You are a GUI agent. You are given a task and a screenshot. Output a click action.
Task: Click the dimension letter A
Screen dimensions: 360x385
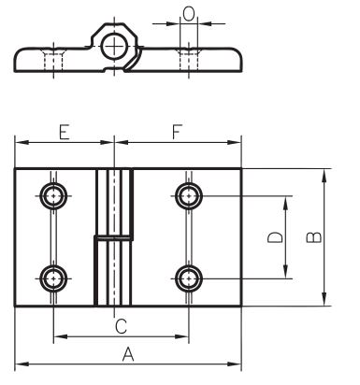point(128,354)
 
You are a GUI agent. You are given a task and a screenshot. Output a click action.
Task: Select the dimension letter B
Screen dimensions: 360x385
point(314,237)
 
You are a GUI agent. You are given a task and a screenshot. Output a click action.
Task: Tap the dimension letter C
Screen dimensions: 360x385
point(121,326)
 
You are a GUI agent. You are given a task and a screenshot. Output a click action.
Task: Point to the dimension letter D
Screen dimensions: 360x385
point(276,237)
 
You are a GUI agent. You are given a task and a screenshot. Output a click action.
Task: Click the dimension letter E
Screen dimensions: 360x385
point(64,132)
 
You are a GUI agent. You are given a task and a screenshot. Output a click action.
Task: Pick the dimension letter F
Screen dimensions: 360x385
point(177,132)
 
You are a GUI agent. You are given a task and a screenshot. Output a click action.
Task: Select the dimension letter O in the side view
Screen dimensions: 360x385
point(189,14)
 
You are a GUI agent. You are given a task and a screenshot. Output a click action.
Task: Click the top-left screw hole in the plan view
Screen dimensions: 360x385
point(53,196)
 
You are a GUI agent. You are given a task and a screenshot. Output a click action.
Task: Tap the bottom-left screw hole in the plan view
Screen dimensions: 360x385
point(53,278)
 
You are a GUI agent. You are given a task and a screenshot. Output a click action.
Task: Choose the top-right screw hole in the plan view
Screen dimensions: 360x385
point(189,196)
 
